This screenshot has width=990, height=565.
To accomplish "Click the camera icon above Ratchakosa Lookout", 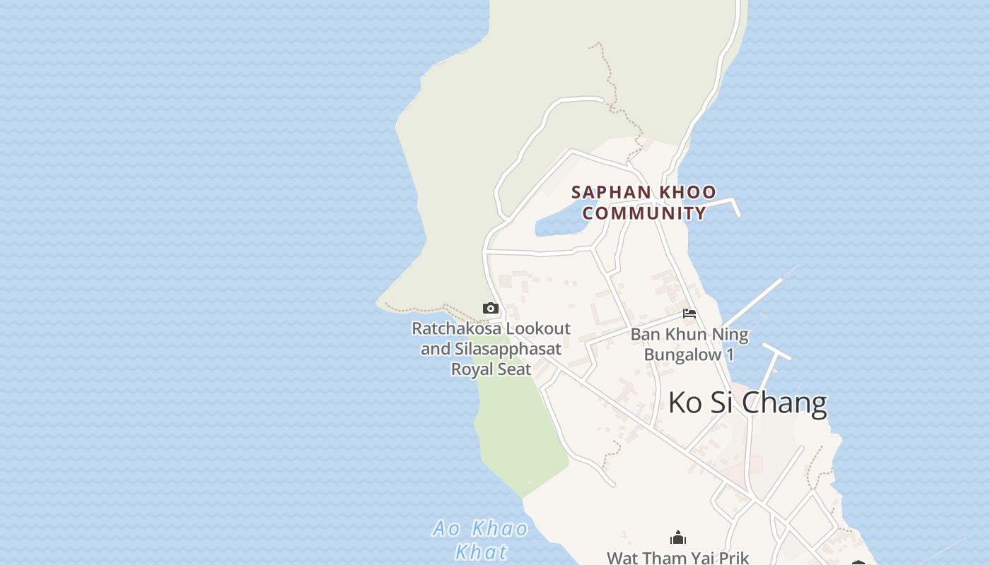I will [491, 309].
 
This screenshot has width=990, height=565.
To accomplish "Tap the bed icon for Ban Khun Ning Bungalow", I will [689, 314].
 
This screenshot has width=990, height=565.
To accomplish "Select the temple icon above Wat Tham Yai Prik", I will [678, 538].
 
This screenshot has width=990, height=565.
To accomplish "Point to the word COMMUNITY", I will [644, 213].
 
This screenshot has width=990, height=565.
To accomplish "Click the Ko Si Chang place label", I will [747, 403].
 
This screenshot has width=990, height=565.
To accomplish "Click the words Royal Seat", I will [491, 369].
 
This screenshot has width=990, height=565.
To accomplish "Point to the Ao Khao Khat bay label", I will [481, 540].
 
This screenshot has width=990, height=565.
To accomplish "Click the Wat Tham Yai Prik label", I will [677, 558].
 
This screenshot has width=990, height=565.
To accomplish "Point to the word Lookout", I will [538, 328].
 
